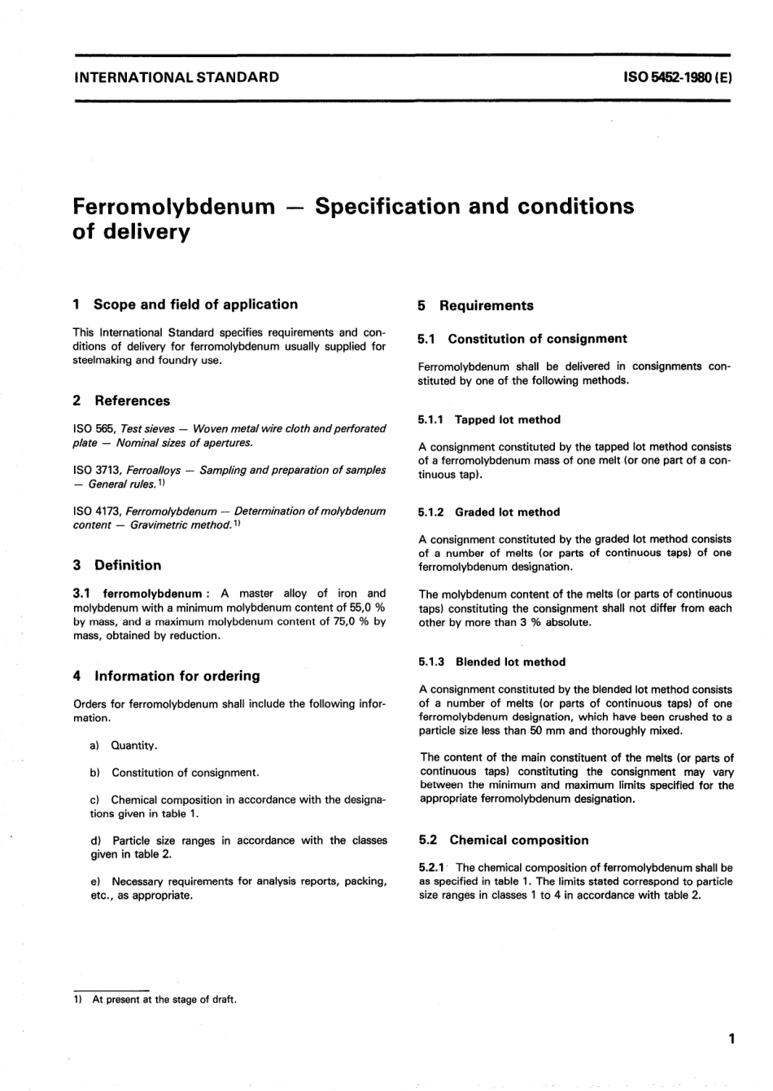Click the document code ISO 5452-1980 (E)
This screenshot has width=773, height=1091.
tap(678, 78)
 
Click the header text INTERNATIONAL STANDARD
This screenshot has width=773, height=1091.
tap(176, 78)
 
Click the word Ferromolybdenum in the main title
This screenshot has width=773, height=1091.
tap(173, 206)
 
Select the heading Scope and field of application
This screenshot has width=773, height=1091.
tap(195, 305)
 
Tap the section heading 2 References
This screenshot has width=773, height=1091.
tap(121, 401)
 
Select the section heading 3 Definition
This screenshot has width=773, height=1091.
tap(117, 565)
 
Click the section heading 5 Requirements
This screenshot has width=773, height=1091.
tap(475, 306)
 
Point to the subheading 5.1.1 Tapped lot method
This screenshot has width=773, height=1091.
tap(489, 419)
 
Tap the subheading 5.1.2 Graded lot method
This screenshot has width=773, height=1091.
tap(489, 512)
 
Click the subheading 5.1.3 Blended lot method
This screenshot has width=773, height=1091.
tap(491, 662)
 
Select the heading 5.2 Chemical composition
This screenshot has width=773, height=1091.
tap(503, 840)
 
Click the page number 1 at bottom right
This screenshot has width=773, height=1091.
tap(732, 1039)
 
